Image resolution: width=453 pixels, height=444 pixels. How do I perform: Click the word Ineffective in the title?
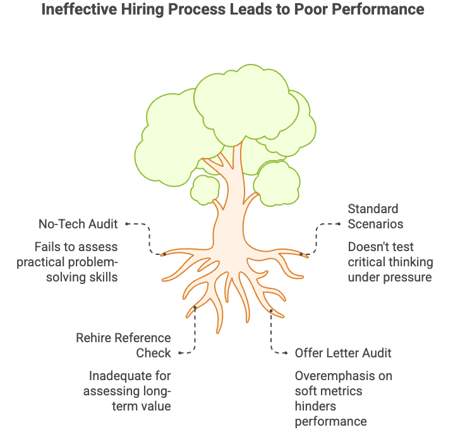(x=73, y=10)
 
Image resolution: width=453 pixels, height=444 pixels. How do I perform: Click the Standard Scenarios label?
(x=375, y=216)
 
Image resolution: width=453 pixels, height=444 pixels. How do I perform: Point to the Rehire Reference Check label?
(x=123, y=345)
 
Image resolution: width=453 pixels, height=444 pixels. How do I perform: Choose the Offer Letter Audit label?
(x=343, y=353)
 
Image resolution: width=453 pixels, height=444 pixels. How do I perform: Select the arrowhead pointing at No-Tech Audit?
(x=126, y=223)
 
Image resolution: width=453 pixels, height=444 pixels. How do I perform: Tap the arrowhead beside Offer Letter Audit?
(x=286, y=353)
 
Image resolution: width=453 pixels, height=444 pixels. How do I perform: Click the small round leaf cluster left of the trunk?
(x=205, y=188)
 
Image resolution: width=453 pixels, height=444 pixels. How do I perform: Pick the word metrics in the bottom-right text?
(x=341, y=391)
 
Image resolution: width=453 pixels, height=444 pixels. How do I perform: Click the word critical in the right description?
(x=370, y=262)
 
